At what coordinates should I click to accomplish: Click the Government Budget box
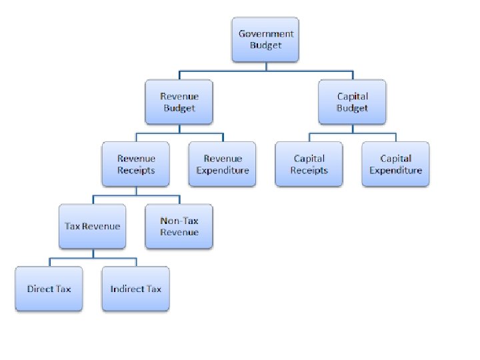tap(265, 39)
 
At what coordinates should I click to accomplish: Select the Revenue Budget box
tap(179, 102)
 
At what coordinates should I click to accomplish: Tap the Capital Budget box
tap(352, 102)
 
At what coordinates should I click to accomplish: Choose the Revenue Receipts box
tap(136, 164)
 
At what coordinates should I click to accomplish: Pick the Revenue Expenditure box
tap(222, 164)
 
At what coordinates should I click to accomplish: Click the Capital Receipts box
tap(309, 164)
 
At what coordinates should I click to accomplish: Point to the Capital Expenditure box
tap(395, 164)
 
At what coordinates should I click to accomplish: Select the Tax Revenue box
tap(93, 226)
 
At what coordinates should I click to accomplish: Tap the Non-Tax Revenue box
tap(179, 226)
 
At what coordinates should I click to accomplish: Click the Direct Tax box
tap(49, 289)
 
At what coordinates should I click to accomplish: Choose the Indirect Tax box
tap(136, 289)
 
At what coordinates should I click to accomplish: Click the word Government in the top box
tap(266, 34)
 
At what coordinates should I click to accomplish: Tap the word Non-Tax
tap(179, 221)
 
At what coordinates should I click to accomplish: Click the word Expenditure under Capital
tap(395, 170)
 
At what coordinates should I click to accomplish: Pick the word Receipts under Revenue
tap(136, 170)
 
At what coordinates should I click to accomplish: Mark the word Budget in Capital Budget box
tap(352, 108)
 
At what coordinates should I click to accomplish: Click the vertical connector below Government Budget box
tap(265, 65)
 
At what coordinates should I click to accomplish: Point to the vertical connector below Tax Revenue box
tap(93, 253)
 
